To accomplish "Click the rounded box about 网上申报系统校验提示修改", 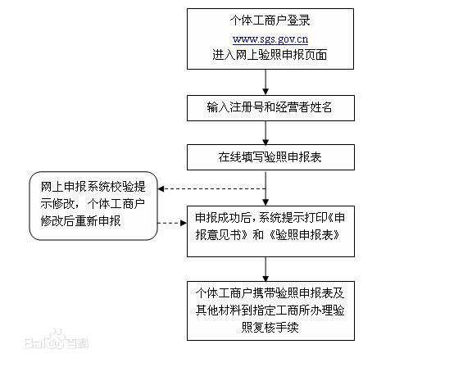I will point(93,204).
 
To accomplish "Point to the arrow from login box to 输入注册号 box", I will point(265,82).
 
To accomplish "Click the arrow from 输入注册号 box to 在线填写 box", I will point(265,131).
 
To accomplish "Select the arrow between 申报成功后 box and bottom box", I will point(265,267).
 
